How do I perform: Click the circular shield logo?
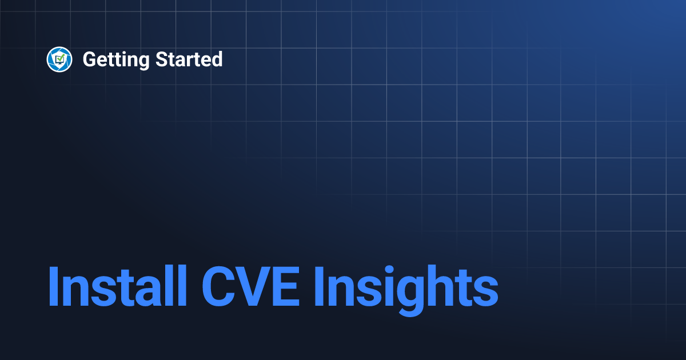pyautogui.click(x=59, y=59)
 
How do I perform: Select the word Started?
pyautogui.click(x=189, y=59)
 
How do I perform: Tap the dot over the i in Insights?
pyautogui.click(x=386, y=269)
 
